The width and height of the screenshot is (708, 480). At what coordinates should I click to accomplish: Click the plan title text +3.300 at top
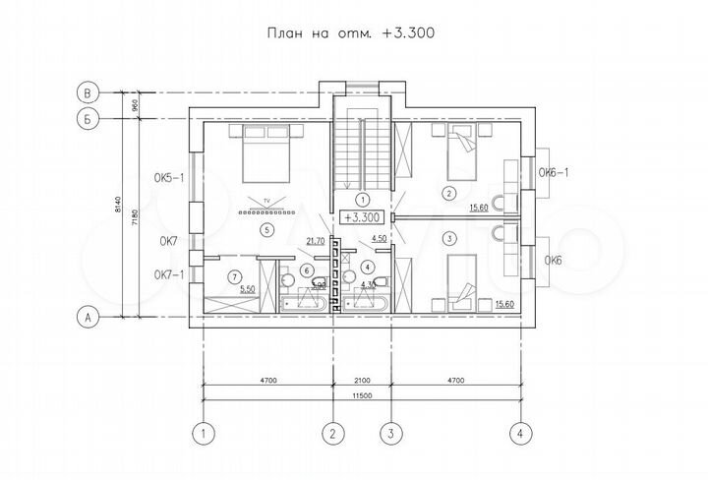point(408,31)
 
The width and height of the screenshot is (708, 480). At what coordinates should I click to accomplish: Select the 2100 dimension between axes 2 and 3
point(362,379)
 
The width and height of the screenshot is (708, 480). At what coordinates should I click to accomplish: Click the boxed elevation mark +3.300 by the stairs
point(361,216)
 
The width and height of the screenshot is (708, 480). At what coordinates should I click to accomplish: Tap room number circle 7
point(233,275)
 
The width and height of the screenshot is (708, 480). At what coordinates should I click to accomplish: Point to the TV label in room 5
point(265,200)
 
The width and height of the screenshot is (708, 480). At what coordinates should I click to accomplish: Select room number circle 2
point(449,193)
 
